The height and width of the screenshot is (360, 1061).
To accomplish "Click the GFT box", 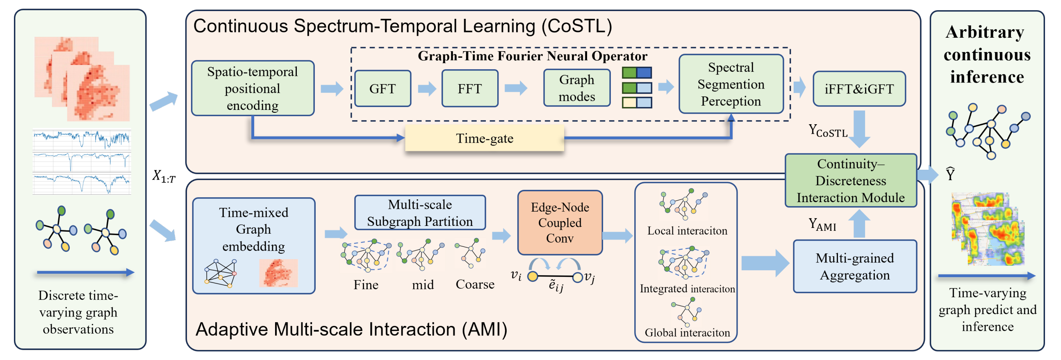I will tap(383, 89).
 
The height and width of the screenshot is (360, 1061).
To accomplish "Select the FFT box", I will tap(469, 89).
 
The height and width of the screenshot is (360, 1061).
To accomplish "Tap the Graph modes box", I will tap(577, 88).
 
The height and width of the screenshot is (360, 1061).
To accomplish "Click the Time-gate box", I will tap(484, 139).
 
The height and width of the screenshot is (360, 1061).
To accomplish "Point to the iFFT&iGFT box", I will tap(859, 89).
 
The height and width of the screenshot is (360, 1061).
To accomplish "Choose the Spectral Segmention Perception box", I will tap(731, 84).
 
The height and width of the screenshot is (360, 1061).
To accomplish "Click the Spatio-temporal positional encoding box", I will tap(253, 88).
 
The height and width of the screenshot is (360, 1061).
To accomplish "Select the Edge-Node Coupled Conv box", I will tap(560, 222).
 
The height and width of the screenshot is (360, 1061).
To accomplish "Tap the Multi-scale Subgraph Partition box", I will tap(420, 212).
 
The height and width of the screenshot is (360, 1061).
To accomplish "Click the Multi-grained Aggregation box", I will tap(855, 267).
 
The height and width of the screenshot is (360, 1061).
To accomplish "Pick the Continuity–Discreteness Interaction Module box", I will tap(851, 180).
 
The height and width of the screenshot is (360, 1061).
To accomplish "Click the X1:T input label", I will tap(164, 176).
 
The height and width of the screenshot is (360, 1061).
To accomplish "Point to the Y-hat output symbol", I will tap(950, 174).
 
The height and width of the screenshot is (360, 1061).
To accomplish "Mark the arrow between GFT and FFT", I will tap(427, 89).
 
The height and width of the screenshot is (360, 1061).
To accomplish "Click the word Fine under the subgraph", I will tap(366, 285).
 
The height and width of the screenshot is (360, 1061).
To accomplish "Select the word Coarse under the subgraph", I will tap(475, 284).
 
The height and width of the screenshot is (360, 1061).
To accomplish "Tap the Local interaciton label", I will tap(687, 231).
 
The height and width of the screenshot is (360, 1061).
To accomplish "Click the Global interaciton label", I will tap(687, 333).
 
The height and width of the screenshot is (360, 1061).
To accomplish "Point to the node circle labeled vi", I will tap(533, 276).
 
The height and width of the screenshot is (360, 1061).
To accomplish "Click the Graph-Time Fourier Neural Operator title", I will tap(533, 56).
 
